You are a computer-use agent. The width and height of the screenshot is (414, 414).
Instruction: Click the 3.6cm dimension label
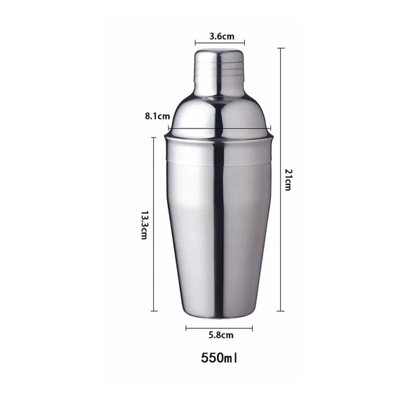(221, 36)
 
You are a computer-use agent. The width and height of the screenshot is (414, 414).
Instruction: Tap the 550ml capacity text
(220, 357)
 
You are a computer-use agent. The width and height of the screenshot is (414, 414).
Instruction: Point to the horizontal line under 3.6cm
(220, 42)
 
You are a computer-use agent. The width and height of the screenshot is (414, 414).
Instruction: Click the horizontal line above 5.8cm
(219, 329)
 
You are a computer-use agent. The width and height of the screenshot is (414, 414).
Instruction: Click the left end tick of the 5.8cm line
(187, 329)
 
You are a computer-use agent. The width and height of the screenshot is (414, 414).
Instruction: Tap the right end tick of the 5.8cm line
(252, 329)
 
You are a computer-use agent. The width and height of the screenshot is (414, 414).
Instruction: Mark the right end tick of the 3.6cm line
(245, 42)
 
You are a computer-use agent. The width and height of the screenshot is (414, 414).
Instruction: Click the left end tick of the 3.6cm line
(195, 42)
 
